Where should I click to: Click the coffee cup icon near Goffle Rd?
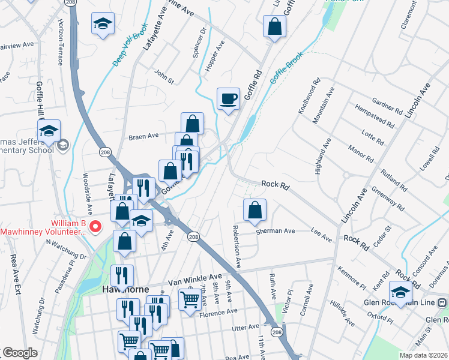click(x=228, y=98)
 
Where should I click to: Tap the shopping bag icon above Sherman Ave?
click(x=255, y=210)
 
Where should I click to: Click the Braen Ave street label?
click(x=143, y=136)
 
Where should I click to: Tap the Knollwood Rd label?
click(x=306, y=97)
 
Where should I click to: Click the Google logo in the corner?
click(x=20, y=353)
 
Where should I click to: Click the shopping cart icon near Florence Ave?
click(x=190, y=299)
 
